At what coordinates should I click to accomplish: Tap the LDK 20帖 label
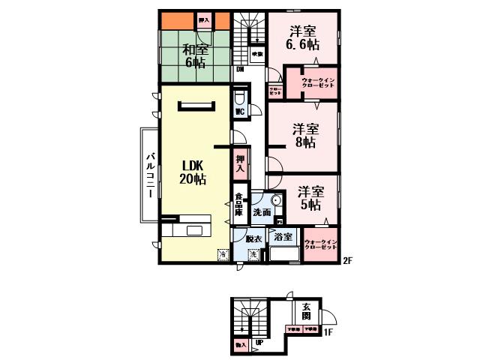coord(193,172)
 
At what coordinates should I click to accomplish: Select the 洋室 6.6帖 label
coord(304,38)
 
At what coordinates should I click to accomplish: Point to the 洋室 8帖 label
coord(304,134)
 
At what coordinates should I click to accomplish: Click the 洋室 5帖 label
coord(308,197)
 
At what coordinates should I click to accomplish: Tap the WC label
coord(240,112)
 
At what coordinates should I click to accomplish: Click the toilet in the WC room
coord(239,97)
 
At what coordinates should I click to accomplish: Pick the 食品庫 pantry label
coord(239,206)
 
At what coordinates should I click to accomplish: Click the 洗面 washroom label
coord(261,213)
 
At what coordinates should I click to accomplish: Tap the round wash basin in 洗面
coord(276,201)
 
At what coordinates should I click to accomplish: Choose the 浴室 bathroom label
coord(283,237)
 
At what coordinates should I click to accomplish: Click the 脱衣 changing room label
coord(252,238)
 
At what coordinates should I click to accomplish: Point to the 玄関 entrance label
coord(308,310)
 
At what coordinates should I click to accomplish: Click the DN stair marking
coord(239,70)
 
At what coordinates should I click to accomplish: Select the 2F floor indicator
coord(347,261)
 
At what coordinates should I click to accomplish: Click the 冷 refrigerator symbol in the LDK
coord(222,255)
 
